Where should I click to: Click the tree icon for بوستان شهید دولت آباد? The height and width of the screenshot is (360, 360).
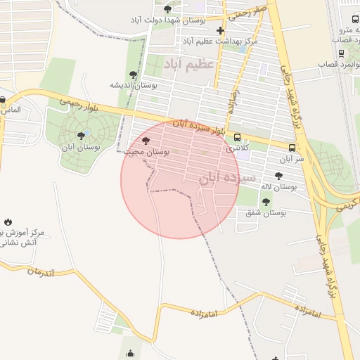167,9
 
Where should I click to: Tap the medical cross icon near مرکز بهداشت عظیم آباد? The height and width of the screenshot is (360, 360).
221,30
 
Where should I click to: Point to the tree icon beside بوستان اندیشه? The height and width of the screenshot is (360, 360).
134,75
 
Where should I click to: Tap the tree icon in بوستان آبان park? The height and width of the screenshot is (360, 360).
81,136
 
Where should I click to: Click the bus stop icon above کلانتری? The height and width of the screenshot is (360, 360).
237,138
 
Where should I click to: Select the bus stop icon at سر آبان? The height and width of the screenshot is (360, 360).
292,148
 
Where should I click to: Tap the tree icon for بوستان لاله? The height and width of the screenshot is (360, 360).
278,176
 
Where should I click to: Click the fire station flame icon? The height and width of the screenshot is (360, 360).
8,222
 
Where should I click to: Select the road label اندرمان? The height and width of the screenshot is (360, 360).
39,272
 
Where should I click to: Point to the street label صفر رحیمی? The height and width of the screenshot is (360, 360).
251,11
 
